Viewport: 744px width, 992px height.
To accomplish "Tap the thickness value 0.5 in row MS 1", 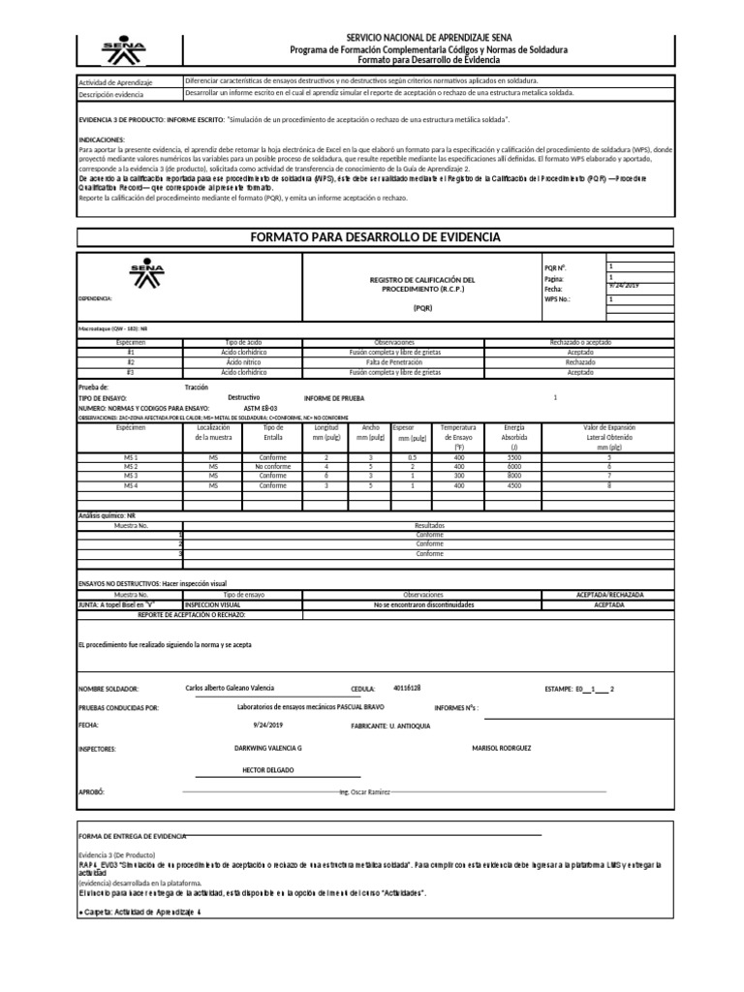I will pos(412,457).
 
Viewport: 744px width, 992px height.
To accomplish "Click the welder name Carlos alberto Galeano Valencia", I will pos(230,687).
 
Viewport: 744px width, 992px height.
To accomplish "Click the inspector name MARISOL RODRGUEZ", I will pos(501,748).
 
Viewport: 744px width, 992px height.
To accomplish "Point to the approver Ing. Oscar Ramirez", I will pos(364,791).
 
